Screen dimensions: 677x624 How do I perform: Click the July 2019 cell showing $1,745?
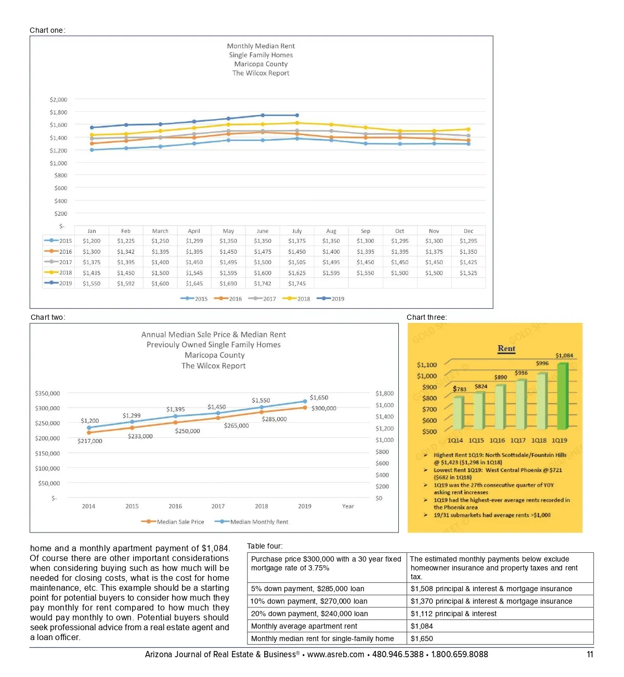(x=297, y=283)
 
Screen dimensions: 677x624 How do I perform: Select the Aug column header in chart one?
(x=331, y=231)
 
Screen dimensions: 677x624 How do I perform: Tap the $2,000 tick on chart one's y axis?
(x=58, y=99)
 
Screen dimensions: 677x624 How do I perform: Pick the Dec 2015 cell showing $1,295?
(x=468, y=241)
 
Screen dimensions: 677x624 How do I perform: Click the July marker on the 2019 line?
(x=297, y=115)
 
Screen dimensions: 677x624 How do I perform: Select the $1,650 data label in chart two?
(x=319, y=397)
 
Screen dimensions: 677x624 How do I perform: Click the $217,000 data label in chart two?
(x=90, y=441)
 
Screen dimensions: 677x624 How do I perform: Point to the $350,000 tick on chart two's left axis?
(x=47, y=393)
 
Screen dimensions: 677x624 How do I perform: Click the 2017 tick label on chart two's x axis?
(x=218, y=506)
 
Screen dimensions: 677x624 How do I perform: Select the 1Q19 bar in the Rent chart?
(x=562, y=396)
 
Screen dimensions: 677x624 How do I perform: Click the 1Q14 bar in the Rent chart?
(x=458, y=413)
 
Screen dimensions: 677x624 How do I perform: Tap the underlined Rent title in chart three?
(x=506, y=348)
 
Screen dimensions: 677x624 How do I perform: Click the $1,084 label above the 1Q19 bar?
(x=564, y=356)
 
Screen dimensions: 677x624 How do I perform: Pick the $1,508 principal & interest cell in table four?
(x=491, y=589)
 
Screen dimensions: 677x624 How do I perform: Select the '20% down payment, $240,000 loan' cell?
(x=309, y=614)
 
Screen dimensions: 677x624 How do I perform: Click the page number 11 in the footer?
(x=590, y=655)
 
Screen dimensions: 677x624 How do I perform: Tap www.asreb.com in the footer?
(x=335, y=655)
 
